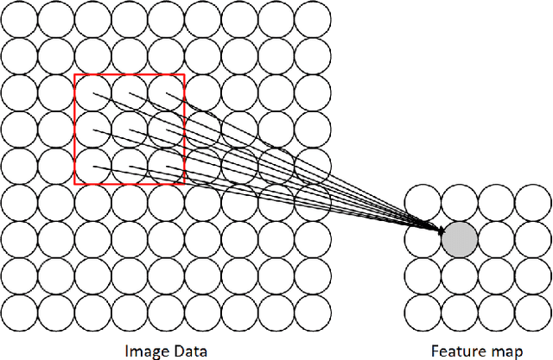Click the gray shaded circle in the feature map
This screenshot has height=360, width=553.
(460, 237)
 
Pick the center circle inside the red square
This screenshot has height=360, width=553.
(129, 129)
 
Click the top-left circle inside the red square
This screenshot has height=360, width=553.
(92, 92)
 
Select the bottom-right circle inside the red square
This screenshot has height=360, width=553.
(166, 166)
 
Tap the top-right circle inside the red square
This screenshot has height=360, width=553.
(166, 92)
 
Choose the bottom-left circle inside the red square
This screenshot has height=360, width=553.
(92, 166)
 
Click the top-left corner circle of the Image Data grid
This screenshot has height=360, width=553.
(19, 19)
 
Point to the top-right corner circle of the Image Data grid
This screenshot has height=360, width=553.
(312, 19)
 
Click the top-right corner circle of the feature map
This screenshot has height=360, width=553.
(533, 201)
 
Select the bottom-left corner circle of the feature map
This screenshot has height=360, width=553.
(423, 312)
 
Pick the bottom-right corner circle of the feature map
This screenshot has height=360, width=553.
(533, 312)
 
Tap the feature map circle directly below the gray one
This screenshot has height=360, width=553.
(460, 275)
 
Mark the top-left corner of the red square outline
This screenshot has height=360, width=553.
(75, 75)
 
